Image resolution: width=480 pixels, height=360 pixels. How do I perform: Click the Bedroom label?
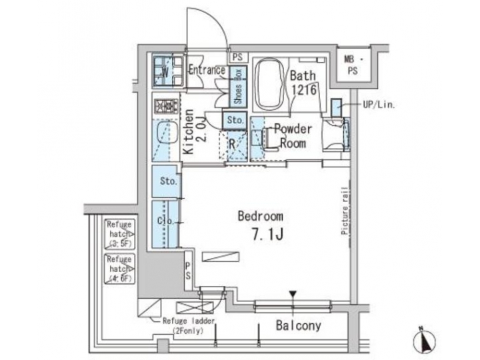[x=261, y=216]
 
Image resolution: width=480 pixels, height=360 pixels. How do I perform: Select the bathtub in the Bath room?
[x=269, y=85]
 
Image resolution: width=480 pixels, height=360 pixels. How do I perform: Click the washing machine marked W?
[x=165, y=71]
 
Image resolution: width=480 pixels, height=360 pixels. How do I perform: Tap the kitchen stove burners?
[x=165, y=105]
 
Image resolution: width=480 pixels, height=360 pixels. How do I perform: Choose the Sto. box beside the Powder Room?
[x=234, y=120]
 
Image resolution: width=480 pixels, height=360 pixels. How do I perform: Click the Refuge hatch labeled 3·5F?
[x=120, y=234]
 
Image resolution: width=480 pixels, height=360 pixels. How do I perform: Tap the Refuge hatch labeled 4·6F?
[x=120, y=267]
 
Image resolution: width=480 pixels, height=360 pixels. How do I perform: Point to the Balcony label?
[x=298, y=326]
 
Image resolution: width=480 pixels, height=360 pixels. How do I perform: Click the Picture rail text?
[x=345, y=211]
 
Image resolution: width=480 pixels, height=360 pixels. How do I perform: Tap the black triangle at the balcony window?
[x=292, y=294]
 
